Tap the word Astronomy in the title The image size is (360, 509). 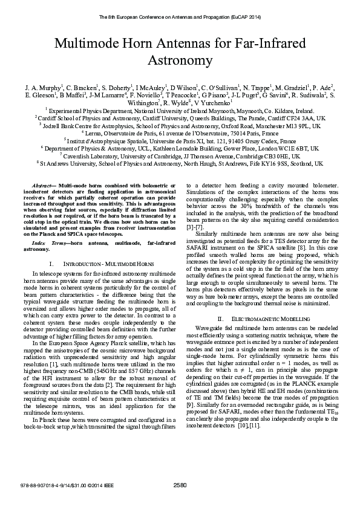tap(180, 60)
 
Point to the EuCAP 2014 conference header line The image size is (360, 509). tap(180, 17)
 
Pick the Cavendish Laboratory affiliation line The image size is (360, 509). tap(180, 156)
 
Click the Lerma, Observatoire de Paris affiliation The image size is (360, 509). tap(180, 132)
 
